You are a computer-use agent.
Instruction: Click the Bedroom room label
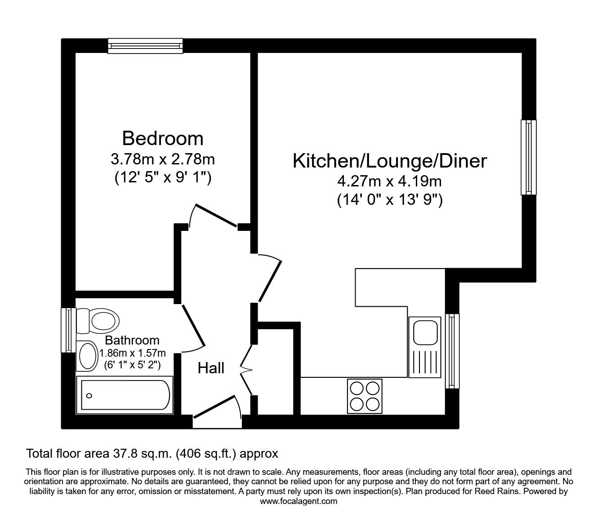(162, 138)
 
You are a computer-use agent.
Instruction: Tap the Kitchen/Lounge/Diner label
(390, 161)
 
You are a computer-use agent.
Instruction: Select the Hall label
(211, 368)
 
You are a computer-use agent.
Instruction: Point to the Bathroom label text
(132, 340)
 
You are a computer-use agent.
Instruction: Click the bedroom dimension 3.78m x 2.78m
(162, 159)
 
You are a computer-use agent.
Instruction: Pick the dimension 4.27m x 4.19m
(390, 181)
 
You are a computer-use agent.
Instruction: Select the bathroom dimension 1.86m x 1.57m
(133, 353)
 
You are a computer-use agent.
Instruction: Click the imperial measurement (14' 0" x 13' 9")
(390, 200)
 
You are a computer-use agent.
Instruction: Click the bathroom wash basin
(88, 356)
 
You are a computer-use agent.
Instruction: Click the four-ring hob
(365, 396)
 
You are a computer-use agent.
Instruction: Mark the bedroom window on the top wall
(146, 45)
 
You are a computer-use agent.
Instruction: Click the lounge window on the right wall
(529, 157)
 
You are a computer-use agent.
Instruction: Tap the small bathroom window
(68, 330)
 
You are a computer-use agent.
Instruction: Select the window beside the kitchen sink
(453, 351)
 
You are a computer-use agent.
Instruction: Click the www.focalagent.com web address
(298, 501)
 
